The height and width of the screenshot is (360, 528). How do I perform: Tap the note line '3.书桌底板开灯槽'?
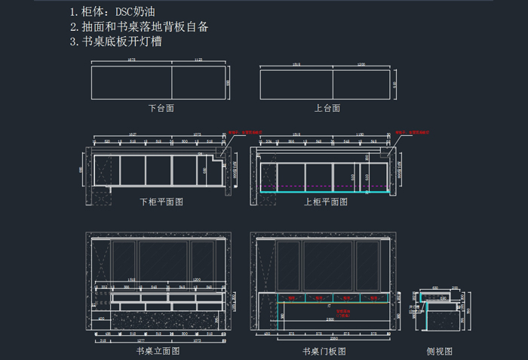(x=115, y=42)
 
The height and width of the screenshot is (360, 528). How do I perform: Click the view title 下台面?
(x=161, y=108)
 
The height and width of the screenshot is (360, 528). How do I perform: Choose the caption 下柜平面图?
(x=161, y=202)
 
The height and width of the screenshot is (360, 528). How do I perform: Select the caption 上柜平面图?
(x=326, y=202)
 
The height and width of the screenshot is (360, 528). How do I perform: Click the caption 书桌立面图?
(x=158, y=351)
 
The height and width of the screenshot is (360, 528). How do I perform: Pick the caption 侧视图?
(x=440, y=351)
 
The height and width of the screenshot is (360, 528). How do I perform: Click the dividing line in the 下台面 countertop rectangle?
(x=173, y=82)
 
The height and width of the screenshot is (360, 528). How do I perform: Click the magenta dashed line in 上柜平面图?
(x=324, y=186)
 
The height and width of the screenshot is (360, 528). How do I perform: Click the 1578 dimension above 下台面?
(x=131, y=59)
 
